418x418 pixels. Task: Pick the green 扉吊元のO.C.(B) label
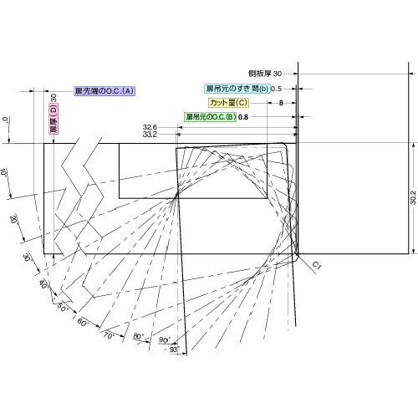click(x=210, y=116)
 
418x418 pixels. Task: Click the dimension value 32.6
click(x=151, y=125)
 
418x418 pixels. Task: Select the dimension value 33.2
click(x=151, y=134)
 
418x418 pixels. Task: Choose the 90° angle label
click(x=165, y=340)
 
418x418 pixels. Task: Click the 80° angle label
click(x=138, y=336)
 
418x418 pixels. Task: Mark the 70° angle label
click(x=109, y=334)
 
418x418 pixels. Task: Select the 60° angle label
click(x=83, y=322)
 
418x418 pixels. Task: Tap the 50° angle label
click(x=62, y=307)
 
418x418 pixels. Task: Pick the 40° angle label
click(x=43, y=285)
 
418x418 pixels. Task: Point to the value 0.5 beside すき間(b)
click(x=275, y=89)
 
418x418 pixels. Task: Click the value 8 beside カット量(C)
click(x=281, y=102)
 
